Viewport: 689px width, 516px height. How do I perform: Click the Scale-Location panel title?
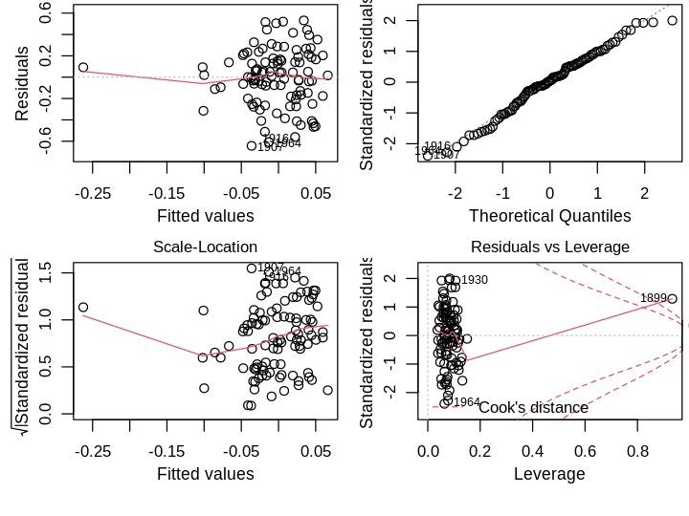[x=205, y=247]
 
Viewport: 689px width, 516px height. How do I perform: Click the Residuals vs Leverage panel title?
[x=550, y=247]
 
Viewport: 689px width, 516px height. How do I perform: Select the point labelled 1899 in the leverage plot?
[x=672, y=299]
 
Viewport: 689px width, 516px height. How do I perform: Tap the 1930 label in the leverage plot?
[x=474, y=280]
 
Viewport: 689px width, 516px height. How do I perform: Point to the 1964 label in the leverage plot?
[x=466, y=402]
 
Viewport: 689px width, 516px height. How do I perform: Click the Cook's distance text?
[x=533, y=408]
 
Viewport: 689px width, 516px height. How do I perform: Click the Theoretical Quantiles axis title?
[x=549, y=215]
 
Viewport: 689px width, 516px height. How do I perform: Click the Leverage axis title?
[x=549, y=473]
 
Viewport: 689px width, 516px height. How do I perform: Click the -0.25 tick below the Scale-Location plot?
[x=93, y=449]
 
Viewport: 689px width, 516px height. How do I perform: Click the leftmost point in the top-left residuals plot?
[x=83, y=68]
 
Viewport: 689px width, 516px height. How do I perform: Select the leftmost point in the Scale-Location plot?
[x=83, y=308]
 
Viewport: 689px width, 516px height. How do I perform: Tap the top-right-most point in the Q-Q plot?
[x=672, y=19]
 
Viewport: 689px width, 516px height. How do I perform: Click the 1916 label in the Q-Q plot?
[x=436, y=146]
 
